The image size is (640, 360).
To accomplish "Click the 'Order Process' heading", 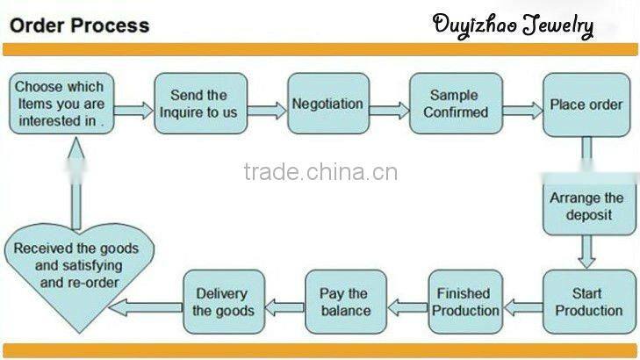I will pyautogui.click(x=79, y=24).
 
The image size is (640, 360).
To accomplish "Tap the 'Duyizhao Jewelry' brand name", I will pyautogui.click(x=513, y=25).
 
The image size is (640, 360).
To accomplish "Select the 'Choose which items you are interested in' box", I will pyautogui.click(x=60, y=104).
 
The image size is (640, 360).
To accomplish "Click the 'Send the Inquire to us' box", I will pyautogui.click(x=200, y=104).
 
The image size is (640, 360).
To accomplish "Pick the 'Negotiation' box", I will pyautogui.click(x=327, y=104).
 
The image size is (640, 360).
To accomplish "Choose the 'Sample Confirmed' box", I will pyautogui.click(x=456, y=104).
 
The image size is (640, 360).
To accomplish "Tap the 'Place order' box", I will pyautogui.click(x=586, y=104).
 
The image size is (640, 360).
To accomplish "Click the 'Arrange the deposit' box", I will pyautogui.click(x=586, y=206).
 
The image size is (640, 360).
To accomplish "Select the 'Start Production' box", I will pyautogui.click(x=586, y=302).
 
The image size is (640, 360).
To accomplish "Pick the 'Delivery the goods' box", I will pyautogui.click(x=223, y=302).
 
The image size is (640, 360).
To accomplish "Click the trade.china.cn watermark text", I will pyautogui.click(x=320, y=171).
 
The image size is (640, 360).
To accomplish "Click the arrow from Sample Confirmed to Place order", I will pyautogui.click(x=521, y=111).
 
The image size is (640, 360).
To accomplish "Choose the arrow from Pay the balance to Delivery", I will pyautogui.click(x=284, y=307).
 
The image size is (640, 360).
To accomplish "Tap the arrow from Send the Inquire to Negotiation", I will pyautogui.click(x=268, y=111).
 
